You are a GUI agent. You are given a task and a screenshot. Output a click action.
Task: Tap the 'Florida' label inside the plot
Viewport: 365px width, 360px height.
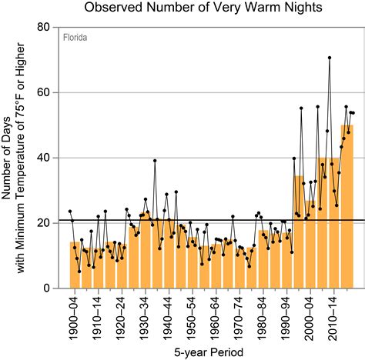[x=75, y=37]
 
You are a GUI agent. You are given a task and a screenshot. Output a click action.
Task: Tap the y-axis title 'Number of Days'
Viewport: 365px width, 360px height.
[x=8, y=158]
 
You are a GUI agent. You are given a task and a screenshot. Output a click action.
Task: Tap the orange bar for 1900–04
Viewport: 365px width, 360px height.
[x=75, y=265]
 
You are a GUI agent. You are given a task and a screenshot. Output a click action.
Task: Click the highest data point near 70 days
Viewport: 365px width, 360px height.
[x=330, y=58]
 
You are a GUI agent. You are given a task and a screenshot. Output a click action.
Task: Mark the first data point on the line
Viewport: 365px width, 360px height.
[x=70, y=212]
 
